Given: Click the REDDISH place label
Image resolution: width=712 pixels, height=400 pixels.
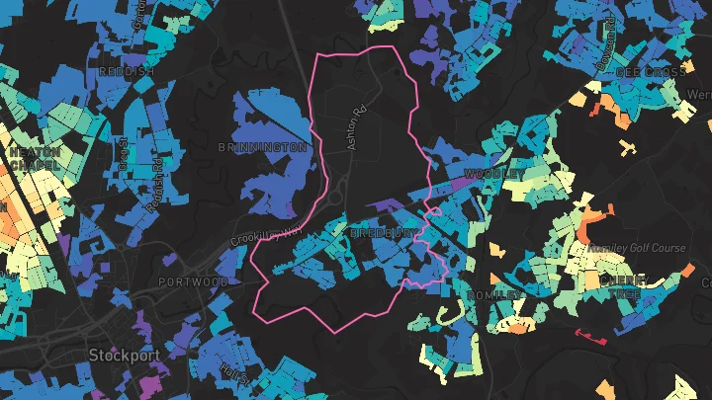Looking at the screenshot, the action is point(126,72).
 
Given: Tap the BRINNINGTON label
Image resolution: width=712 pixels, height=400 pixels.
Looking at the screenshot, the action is point(262,146).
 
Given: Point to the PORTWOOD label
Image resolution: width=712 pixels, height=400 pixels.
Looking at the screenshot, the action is point(193,281).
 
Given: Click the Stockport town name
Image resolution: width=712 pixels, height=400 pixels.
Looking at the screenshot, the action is point(123,354).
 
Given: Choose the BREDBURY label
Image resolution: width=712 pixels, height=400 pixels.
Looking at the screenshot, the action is point(384,233).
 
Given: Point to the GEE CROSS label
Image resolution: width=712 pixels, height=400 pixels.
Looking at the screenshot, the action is point(649,72).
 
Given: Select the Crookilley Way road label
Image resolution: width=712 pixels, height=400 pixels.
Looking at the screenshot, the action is point(265,236).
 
